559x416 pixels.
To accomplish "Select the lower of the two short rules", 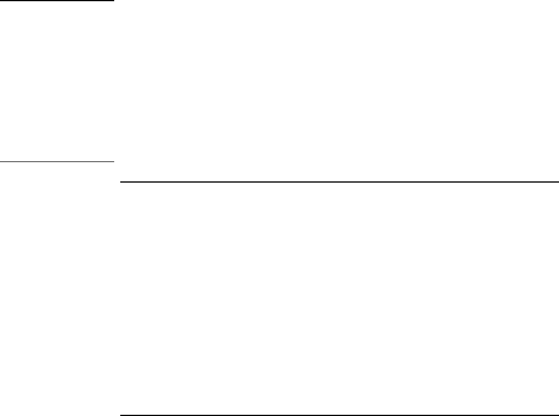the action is click(57, 161).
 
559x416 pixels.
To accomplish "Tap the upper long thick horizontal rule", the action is click(339, 181).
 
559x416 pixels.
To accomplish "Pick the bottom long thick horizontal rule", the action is click(339, 415).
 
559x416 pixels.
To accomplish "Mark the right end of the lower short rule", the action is click(113, 161).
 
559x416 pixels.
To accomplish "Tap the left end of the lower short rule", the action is click(1, 161).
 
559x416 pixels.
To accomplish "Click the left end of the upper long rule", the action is click(120, 181).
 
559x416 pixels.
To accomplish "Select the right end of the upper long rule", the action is click(558, 181).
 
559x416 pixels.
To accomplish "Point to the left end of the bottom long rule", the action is click(120, 415).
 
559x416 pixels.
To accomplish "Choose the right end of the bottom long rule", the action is click(558, 415).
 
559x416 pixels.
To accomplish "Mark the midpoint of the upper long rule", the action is click(339, 181).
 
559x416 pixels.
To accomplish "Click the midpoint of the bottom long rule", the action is click(339, 415).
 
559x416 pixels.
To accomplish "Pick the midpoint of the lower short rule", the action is click(57, 161).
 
